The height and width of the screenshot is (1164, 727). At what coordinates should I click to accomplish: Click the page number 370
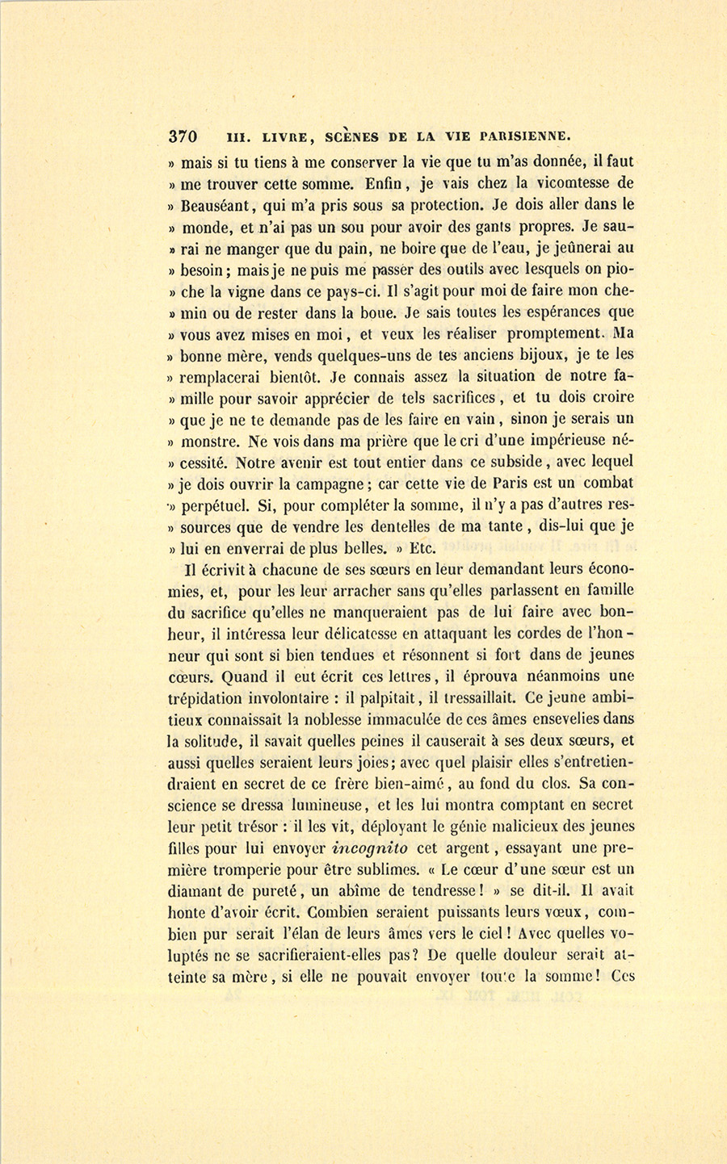point(185,136)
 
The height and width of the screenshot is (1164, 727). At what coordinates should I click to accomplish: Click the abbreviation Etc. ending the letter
point(426,548)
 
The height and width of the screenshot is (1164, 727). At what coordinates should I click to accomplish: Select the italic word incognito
point(370,848)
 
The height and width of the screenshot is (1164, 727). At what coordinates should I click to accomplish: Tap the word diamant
point(194,890)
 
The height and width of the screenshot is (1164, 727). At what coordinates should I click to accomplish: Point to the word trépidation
point(212,697)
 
